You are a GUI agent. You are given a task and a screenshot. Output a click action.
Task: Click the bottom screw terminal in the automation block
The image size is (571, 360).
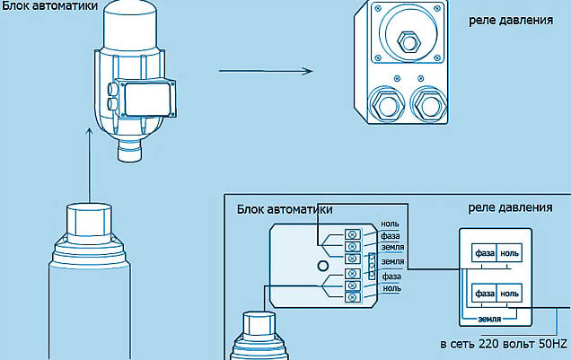[352, 297]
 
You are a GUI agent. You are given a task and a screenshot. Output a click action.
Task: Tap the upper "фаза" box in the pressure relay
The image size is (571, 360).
[485, 253]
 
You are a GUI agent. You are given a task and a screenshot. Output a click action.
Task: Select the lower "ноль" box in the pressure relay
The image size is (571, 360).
[509, 294]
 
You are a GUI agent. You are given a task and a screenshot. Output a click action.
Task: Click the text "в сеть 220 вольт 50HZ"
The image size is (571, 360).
[503, 344]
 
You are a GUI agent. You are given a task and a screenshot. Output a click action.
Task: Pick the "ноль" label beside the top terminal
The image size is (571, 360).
[391, 224]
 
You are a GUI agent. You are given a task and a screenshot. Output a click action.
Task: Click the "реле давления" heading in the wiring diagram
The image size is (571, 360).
[510, 207]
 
